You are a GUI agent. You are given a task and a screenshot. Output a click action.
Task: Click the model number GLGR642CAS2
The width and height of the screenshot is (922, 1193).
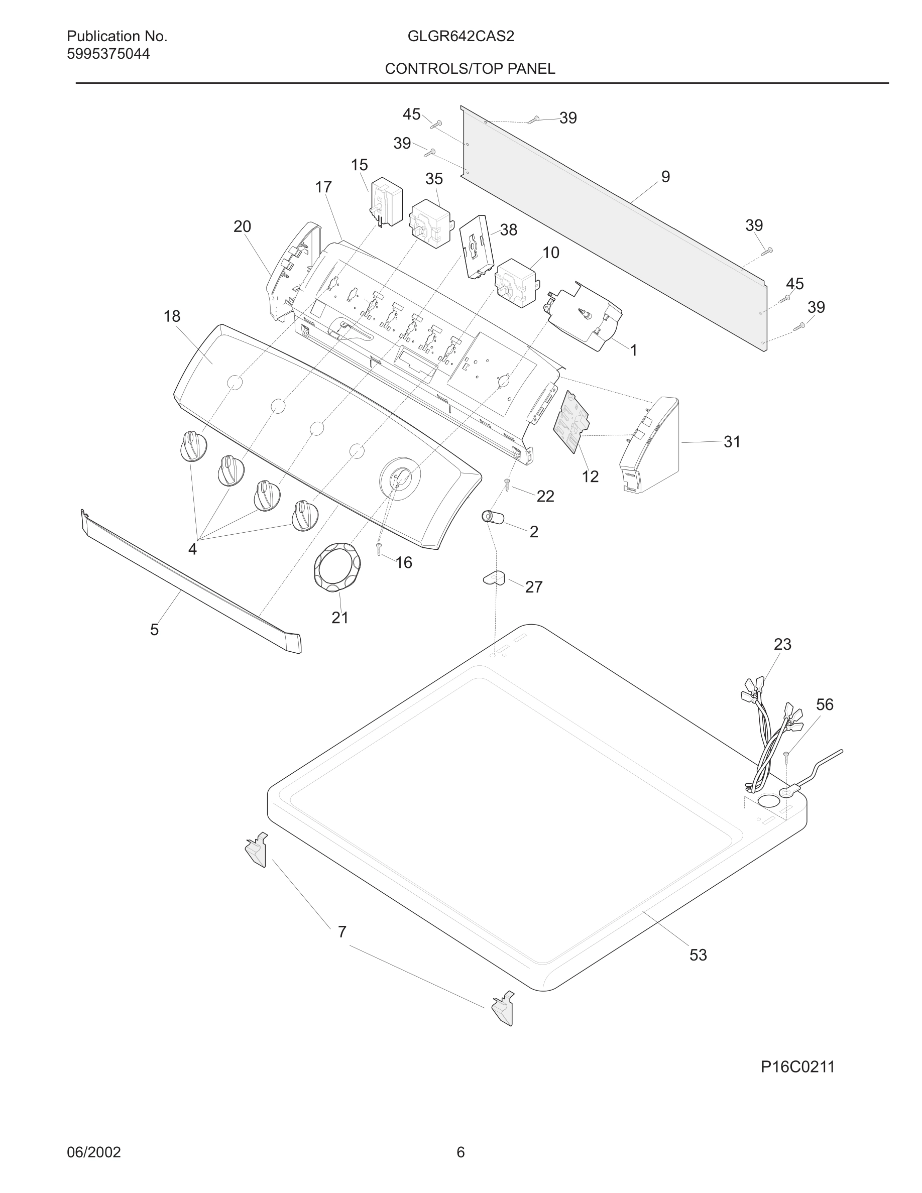(460, 37)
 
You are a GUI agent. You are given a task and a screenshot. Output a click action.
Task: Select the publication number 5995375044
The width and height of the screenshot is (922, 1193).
(108, 54)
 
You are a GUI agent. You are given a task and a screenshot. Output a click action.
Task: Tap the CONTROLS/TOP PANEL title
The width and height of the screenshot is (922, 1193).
(470, 69)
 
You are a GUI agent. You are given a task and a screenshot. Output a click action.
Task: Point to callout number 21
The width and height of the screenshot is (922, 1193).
(340, 618)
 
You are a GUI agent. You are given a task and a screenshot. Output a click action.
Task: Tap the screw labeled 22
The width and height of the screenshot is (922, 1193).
(507, 484)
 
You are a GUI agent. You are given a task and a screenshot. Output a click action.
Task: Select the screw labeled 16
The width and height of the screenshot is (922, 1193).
(379, 549)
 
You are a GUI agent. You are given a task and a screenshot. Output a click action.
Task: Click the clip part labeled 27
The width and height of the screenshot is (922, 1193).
(494, 577)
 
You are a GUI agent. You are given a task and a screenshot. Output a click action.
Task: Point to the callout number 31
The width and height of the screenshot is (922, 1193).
(732, 441)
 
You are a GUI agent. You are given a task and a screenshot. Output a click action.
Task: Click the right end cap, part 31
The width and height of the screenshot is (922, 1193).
(650, 445)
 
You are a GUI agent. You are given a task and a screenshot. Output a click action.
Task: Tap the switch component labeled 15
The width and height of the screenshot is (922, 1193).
(386, 203)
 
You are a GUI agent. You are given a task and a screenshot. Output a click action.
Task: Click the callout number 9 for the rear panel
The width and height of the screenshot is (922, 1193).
(665, 177)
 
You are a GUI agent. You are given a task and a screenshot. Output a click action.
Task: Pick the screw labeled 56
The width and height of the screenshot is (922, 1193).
(786, 757)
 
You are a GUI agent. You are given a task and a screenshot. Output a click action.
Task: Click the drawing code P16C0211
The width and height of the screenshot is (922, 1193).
(797, 1067)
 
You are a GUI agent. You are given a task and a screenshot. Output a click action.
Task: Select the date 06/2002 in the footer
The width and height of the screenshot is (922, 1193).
(93, 1152)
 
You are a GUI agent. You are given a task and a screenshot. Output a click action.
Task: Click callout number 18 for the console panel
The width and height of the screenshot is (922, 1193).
(172, 316)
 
